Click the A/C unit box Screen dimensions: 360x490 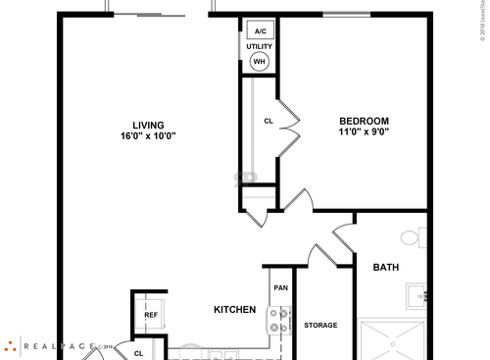point(260,31)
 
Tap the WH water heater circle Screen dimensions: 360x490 point(260,61)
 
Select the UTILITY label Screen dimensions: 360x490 point(260,46)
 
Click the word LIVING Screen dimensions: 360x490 point(149,125)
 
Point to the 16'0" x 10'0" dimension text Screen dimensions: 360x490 point(149,136)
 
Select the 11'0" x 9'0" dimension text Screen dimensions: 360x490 point(365,131)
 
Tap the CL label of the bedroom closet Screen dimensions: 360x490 point(268,122)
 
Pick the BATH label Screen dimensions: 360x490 point(385,267)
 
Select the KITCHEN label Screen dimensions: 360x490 point(235,310)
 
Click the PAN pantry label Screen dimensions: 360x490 point(280,288)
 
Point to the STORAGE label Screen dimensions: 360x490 point(320,325)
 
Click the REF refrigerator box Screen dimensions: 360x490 point(152,315)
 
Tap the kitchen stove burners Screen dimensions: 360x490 point(279,320)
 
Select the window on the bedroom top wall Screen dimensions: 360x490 point(340,15)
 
